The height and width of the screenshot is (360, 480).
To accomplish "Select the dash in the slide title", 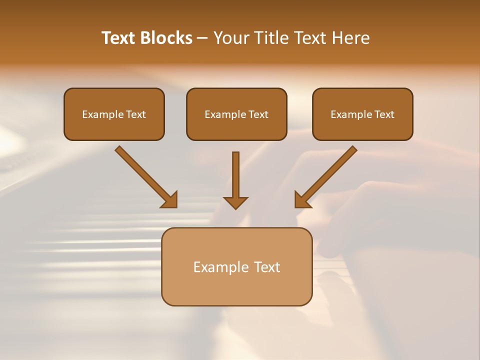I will pos(202,38).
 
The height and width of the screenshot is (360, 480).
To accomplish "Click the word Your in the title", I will pos(231,38).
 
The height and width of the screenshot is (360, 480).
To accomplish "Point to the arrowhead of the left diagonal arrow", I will pos(170,200).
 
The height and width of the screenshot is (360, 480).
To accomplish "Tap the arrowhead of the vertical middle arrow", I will pos(235,202).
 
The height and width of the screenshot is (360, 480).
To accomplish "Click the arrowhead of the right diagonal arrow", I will pos(301,200).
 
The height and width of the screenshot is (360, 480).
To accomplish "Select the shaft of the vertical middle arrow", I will pos(235,172).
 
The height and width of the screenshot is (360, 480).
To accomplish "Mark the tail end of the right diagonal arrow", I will pos(352,150).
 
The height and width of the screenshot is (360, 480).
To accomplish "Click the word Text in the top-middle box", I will pos(258,114).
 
